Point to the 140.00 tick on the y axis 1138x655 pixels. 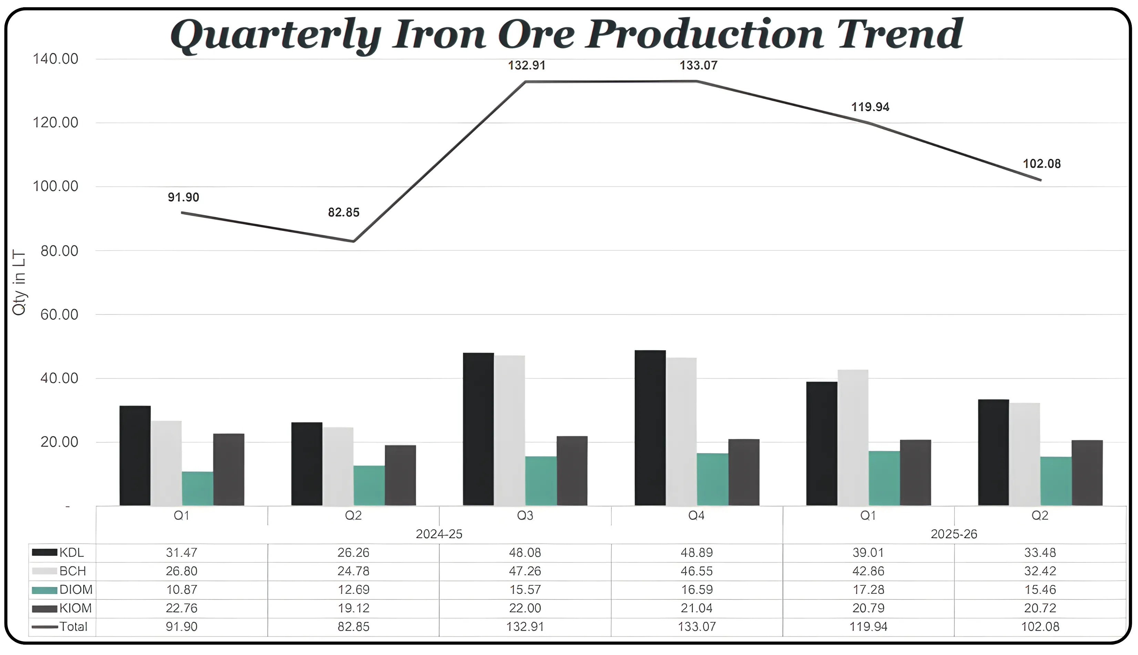click(x=55, y=59)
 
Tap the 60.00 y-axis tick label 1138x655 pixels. click(x=59, y=314)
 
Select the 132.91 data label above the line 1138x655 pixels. click(x=526, y=66)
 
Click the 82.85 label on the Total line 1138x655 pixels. click(x=344, y=212)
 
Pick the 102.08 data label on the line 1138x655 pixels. click(x=1042, y=164)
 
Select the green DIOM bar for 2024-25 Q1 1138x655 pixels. click(x=197, y=488)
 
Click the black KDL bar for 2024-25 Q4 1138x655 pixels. click(x=650, y=428)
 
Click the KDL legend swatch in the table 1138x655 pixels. click(x=44, y=552)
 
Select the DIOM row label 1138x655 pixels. click(x=76, y=589)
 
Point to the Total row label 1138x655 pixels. click(x=73, y=627)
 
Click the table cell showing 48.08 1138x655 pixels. click(x=525, y=552)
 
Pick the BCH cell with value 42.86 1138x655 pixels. click(x=868, y=571)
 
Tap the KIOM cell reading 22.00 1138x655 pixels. click(x=525, y=608)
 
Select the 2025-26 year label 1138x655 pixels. click(x=954, y=534)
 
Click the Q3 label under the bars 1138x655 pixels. click(x=525, y=515)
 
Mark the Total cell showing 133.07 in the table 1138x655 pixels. click(x=696, y=627)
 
